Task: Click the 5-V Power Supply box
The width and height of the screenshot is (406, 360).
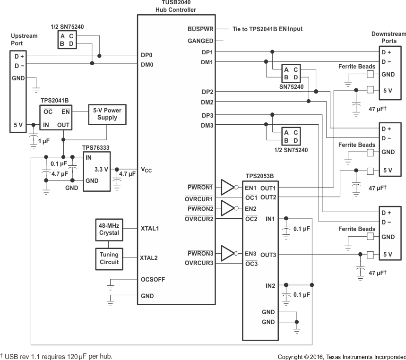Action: coord(107,114)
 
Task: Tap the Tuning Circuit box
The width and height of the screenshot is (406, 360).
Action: coord(109,258)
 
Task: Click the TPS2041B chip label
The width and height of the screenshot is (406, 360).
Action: coord(54,101)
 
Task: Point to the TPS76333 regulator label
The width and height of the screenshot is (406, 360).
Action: coord(96,148)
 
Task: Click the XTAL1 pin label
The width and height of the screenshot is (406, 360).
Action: coord(149,228)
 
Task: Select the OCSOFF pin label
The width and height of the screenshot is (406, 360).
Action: coord(153,279)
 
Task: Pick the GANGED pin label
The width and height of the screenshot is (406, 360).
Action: coord(200,41)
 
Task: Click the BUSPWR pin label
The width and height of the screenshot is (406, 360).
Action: coord(200,29)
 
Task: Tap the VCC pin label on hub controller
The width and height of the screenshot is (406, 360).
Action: coord(146,170)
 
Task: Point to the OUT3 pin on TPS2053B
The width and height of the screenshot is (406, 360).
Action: coord(268,255)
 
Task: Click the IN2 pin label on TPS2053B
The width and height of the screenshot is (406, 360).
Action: coord(270,285)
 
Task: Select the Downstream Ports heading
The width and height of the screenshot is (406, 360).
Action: coord(388,37)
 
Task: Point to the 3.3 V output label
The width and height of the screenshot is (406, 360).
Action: coord(101,169)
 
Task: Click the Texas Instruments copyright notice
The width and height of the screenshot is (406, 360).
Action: coord(341,357)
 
